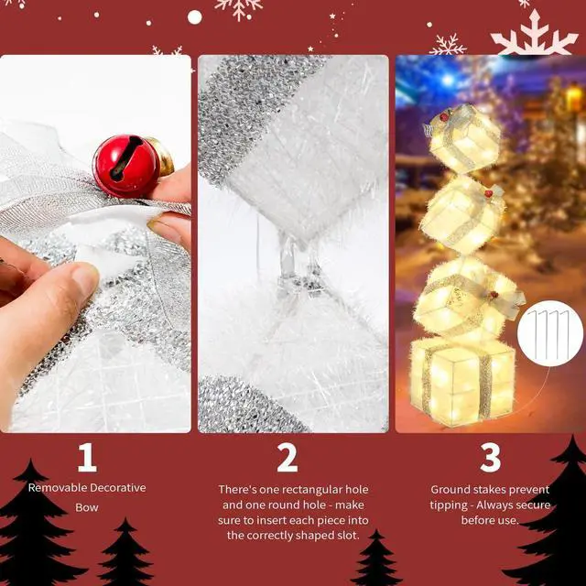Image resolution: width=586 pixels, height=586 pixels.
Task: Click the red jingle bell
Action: pyautogui.click(x=127, y=166)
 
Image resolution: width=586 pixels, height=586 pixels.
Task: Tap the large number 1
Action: pyautogui.click(x=87, y=457)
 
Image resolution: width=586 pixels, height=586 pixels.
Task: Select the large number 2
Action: pyautogui.click(x=288, y=457)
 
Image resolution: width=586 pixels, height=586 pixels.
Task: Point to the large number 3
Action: pyautogui.click(x=490, y=457)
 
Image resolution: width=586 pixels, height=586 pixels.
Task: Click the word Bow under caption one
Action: pyautogui.click(x=87, y=506)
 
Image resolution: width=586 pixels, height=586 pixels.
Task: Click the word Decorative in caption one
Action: pyautogui.click(x=117, y=488)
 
